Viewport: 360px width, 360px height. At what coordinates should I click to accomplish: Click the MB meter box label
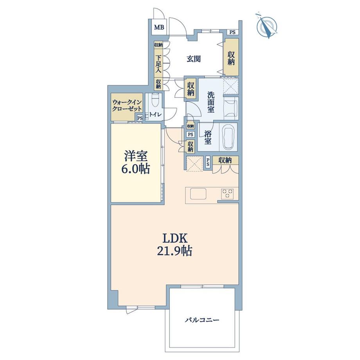[x=159, y=27]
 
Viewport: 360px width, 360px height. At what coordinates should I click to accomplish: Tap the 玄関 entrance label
[x=194, y=59]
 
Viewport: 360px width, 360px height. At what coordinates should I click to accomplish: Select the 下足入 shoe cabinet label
[x=158, y=64]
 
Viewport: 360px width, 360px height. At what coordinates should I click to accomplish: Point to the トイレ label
[x=155, y=114]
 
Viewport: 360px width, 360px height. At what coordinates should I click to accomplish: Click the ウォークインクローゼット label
[x=126, y=105]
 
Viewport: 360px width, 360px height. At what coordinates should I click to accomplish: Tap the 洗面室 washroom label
[x=211, y=102]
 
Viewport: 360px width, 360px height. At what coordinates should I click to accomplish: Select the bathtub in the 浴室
[x=229, y=137]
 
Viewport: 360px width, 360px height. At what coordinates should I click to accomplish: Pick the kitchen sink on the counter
[x=198, y=194]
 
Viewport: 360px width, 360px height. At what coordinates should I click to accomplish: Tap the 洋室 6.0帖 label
[x=135, y=162]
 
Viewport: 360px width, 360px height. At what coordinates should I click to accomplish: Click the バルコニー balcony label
[x=202, y=320]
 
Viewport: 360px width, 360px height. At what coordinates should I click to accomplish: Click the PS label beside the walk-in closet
[x=140, y=118]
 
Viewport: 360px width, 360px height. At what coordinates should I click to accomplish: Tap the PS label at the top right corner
[x=232, y=32]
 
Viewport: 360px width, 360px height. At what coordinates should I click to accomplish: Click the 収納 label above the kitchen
[x=225, y=160]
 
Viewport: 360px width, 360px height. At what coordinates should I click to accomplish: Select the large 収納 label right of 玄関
[x=231, y=58]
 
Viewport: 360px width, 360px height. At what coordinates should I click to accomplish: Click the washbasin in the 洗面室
[x=230, y=108]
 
